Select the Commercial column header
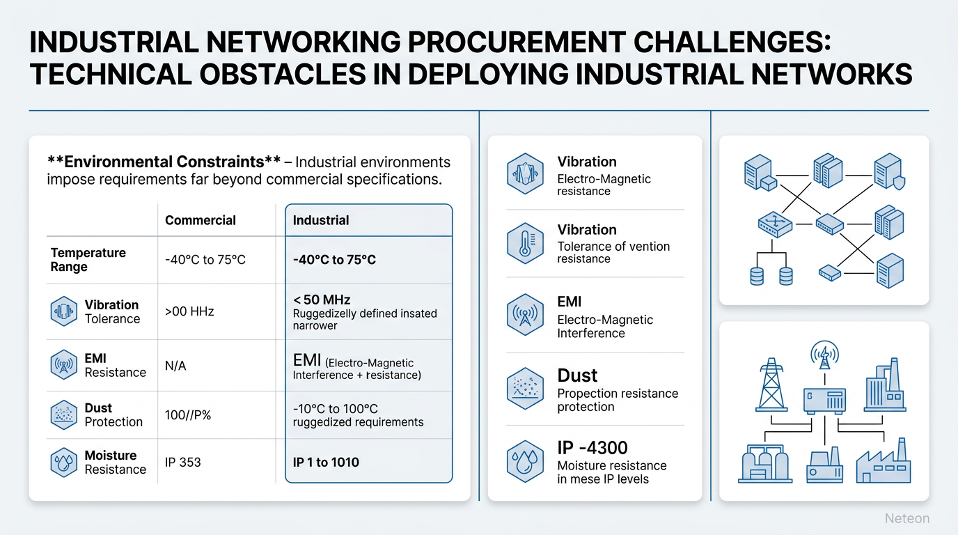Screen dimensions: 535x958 (200, 220)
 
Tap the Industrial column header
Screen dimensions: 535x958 (320, 220)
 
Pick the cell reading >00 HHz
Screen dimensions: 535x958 (189, 311)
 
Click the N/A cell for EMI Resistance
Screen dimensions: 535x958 (175, 366)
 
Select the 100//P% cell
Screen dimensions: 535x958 (188, 414)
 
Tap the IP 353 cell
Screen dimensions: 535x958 (182, 462)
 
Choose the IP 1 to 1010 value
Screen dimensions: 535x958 (326, 462)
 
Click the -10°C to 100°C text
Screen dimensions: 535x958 (336, 408)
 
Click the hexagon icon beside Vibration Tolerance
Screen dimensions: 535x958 (64, 311)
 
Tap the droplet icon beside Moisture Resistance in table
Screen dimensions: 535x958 (64, 462)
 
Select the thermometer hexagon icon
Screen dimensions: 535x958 (525, 243)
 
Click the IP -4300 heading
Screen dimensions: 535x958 (592, 447)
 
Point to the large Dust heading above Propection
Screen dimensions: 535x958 (577, 375)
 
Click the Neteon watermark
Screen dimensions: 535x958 (906, 518)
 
